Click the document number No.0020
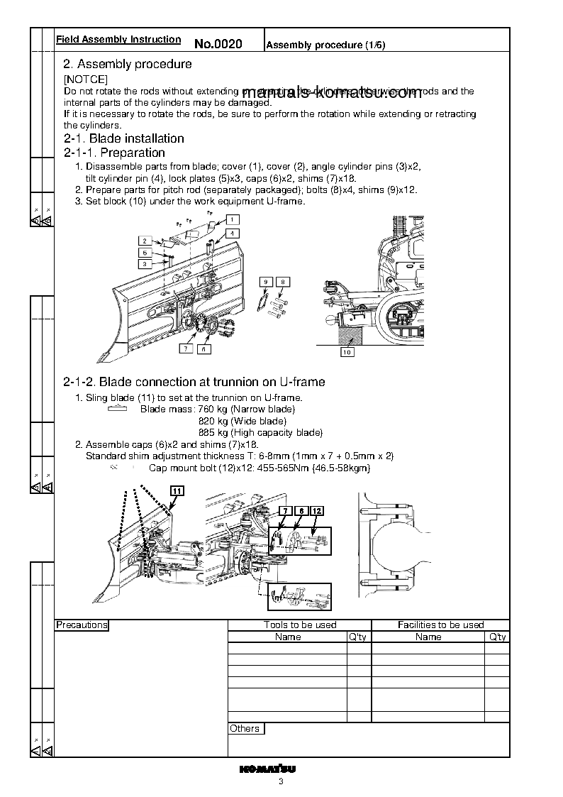[218, 44]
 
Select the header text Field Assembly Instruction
[118, 40]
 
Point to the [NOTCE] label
[86, 79]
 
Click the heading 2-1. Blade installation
[124, 138]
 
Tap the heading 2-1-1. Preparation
[114, 153]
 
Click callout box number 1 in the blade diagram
[233, 219]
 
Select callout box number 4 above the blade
[233, 233]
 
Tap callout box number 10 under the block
[347, 351]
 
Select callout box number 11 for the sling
[177, 490]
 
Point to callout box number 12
[317, 511]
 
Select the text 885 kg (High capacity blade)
[260, 432]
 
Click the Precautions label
[82, 625]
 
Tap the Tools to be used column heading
[299, 625]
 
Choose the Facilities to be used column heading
[440, 625]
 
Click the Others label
[245, 729]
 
